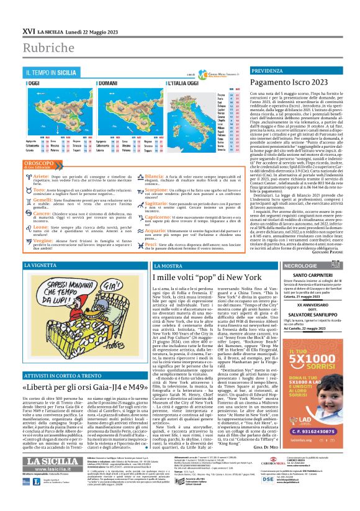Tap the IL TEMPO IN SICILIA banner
tap(51, 73)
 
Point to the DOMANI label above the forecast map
tap(91, 83)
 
